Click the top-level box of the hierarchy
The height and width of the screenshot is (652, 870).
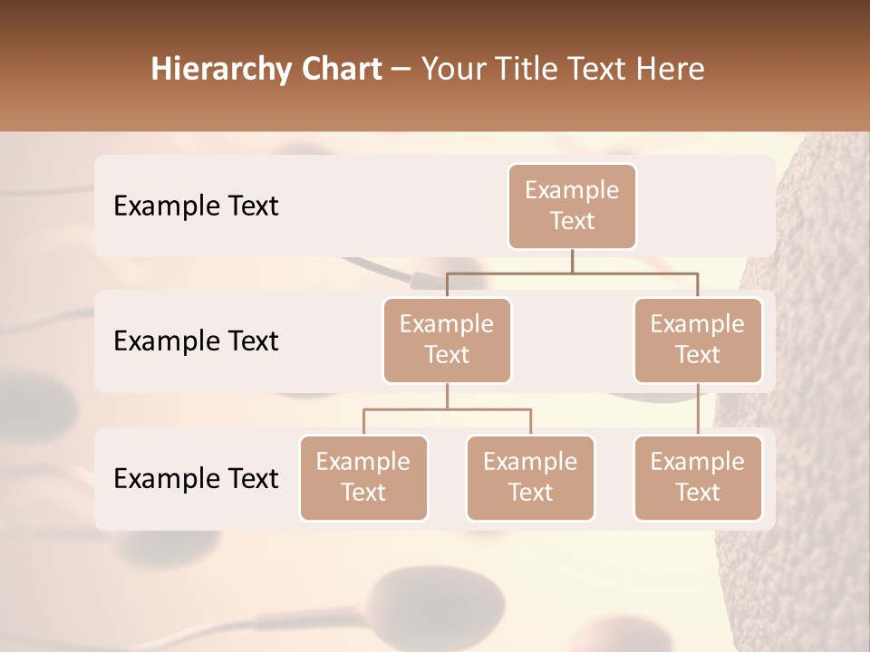click(x=572, y=206)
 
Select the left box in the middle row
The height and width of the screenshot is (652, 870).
click(x=447, y=340)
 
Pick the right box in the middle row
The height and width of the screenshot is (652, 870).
click(x=698, y=340)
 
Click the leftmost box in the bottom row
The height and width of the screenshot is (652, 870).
click(x=363, y=477)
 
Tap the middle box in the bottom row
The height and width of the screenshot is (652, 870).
click(x=530, y=477)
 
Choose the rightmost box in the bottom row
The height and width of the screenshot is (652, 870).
click(x=698, y=477)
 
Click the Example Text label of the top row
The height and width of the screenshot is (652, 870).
click(x=196, y=206)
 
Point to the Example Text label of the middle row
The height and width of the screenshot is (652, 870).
click(x=196, y=340)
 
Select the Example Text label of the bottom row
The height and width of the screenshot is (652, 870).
click(x=196, y=478)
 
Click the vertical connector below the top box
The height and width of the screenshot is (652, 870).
click(x=572, y=261)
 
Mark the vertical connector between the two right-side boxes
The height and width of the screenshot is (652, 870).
click(x=698, y=408)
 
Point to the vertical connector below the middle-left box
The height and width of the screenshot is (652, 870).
click(x=447, y=396)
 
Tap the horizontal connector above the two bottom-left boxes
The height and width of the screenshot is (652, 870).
click(x=447, y=409)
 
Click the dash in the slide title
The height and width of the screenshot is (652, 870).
click(x=401, y=70)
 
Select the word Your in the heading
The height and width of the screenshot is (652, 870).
click(x=452, y=69)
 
